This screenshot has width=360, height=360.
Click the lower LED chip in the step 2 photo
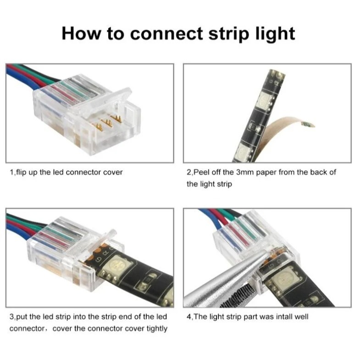tap(243, 151)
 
